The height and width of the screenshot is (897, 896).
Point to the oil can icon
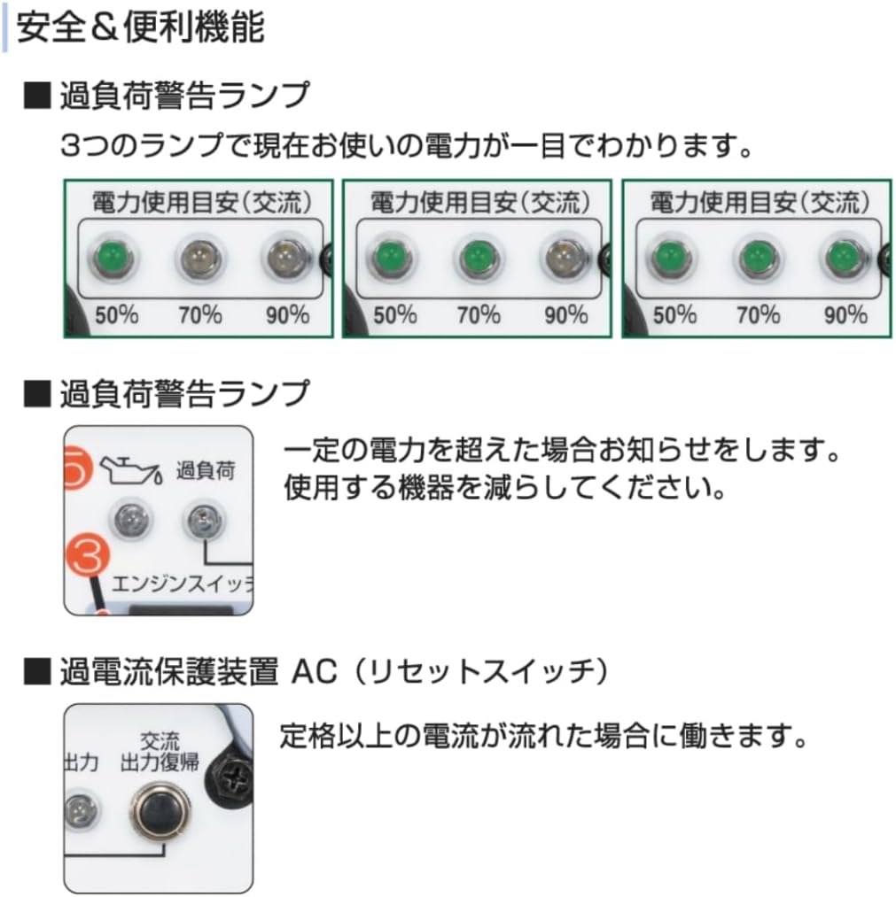click(x=129, y=469)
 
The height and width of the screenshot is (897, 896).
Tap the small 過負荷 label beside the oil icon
click(x=206, y=470)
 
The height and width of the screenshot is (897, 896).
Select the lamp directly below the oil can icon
click(x=128, y=520)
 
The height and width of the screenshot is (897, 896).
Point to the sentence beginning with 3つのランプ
click(x=407, y=144)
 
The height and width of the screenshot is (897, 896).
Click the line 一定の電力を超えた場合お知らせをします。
click(x=561, y=452)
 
